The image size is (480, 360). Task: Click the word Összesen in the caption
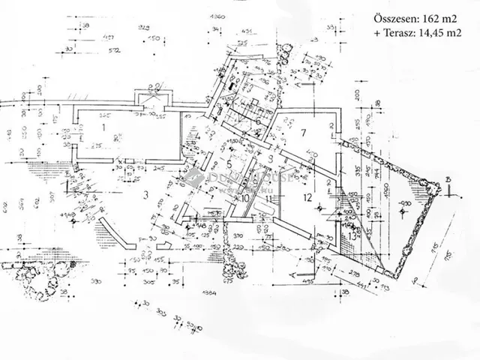pos(396,19)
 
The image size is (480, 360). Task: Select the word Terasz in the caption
pos(404,34)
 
